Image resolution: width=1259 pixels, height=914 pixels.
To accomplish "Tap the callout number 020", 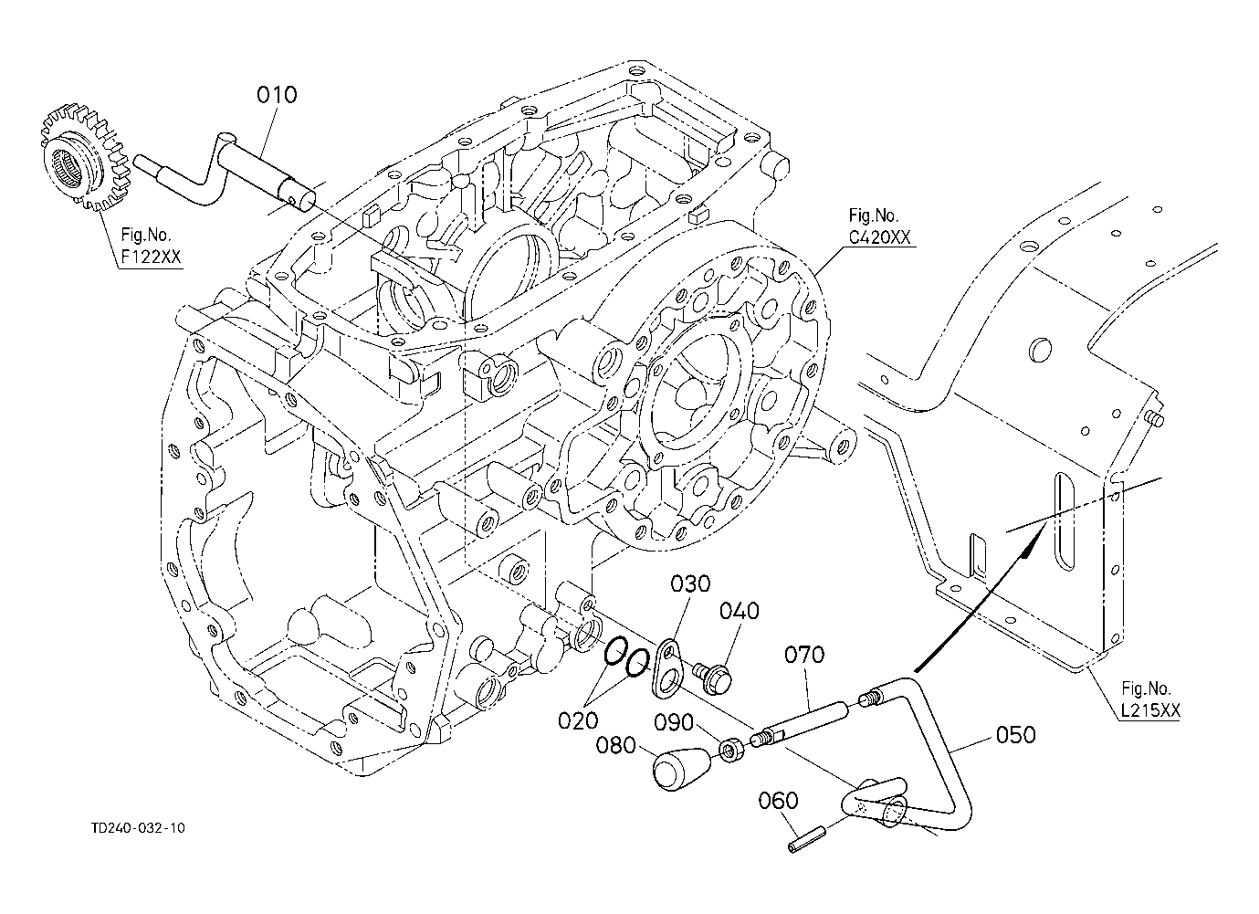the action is (578, 720).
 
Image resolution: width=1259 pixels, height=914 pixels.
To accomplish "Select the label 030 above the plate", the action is (690, 584).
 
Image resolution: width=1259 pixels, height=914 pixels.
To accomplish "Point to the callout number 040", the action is (740, 611).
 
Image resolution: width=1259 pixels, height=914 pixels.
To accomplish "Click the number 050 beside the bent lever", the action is (1015, 735).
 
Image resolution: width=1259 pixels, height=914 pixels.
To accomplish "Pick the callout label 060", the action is (779, 801).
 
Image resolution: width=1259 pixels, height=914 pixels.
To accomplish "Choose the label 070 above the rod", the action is (804, 655).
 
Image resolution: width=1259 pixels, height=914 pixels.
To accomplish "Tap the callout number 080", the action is (615, 746).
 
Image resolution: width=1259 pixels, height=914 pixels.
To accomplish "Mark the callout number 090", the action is (674, 722).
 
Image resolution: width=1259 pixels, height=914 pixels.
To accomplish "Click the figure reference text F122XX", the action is (152, 257).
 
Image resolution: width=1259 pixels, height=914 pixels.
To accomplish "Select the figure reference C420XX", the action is (879, 237).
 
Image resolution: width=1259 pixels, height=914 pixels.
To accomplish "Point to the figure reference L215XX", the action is (1150, 710).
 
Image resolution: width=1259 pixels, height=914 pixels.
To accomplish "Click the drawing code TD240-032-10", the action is (138, 828).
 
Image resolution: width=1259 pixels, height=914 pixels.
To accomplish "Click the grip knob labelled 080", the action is (681, 768).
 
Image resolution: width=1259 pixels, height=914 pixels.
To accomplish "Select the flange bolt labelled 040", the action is (713, 677).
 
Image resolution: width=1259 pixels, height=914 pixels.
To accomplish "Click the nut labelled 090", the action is (732, 751).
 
